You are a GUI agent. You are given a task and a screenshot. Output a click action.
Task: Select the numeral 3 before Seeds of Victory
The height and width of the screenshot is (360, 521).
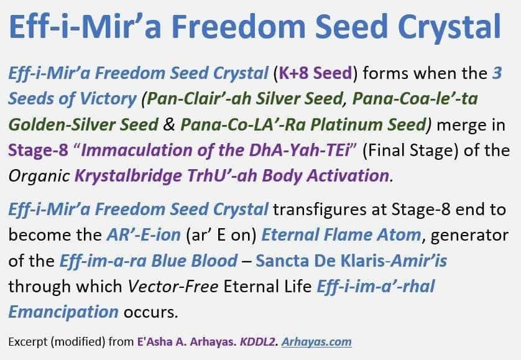click(x=497, y=73)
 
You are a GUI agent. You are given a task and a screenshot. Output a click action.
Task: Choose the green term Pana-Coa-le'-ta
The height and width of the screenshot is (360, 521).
click(x=415, y=98)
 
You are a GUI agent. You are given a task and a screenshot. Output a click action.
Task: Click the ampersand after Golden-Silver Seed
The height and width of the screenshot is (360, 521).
click(x=169, y=124)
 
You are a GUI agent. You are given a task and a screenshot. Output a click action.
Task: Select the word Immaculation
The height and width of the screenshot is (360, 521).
click(x=137, y=150)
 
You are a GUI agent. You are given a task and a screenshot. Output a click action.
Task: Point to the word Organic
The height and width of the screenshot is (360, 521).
click(x=39, y=177)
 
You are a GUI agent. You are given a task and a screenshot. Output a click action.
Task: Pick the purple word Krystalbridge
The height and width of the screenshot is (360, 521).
click(x=128, y=177)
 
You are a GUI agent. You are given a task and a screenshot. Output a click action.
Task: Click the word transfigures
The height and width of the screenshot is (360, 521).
click(x=330, y=210)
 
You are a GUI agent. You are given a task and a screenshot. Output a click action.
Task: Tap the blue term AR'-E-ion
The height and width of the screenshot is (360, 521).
click(x=144, y=234)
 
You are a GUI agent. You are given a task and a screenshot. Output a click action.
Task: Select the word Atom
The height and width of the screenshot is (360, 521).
click(x=399, y=234)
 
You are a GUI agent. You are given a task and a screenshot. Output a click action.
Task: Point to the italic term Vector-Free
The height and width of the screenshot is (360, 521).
click(x=173, y=286)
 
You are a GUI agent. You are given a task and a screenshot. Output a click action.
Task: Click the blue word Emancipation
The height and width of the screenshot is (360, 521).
click(x=63, y=312)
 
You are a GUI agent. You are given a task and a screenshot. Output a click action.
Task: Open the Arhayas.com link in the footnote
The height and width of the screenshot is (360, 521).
click(x=316, y=342)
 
